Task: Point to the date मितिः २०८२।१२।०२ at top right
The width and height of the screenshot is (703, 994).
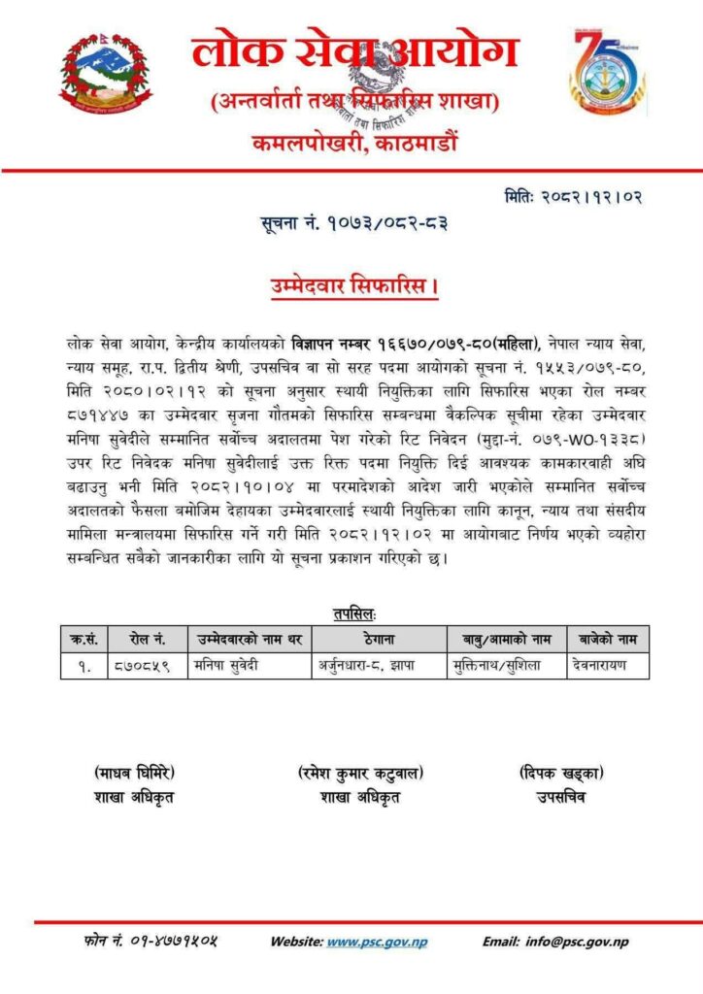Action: coord(573,197)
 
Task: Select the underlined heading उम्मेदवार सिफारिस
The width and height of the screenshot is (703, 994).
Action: coord(352,287)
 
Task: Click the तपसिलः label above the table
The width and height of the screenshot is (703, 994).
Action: coord(353,613)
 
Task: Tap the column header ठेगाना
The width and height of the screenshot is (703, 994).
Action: coord(380,638)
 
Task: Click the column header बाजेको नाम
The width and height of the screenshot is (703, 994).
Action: coord(608,638)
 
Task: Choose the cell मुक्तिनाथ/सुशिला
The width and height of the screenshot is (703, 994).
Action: coord(506,665)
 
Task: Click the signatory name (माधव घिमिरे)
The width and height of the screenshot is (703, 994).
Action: coord(135,773)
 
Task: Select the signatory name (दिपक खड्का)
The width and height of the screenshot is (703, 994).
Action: coord(560,773)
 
